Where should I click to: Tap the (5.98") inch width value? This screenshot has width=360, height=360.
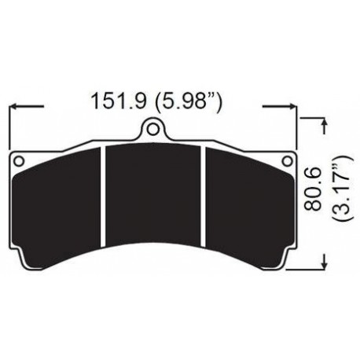pyautogui.click(x=189, y=102)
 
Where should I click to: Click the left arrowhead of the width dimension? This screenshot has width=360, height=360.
pyautogui.click(x=13, y=105)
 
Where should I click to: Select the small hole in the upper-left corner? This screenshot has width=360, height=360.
pyautogui.click(x=20, y=160)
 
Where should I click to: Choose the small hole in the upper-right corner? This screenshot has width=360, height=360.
pyautogui.click(x=287, y=160)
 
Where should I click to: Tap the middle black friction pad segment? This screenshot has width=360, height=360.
pyautogui.click(x=154, y=197)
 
